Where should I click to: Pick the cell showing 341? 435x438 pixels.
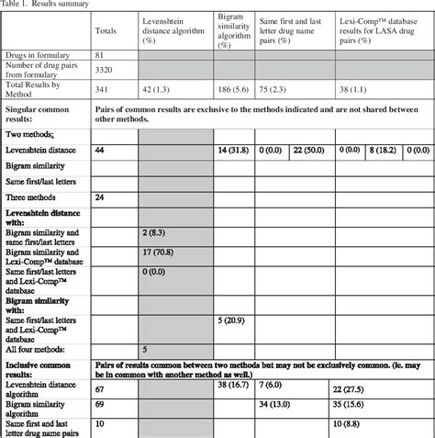coord(103,90)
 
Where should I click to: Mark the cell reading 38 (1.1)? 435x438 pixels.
coord(359,90)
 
